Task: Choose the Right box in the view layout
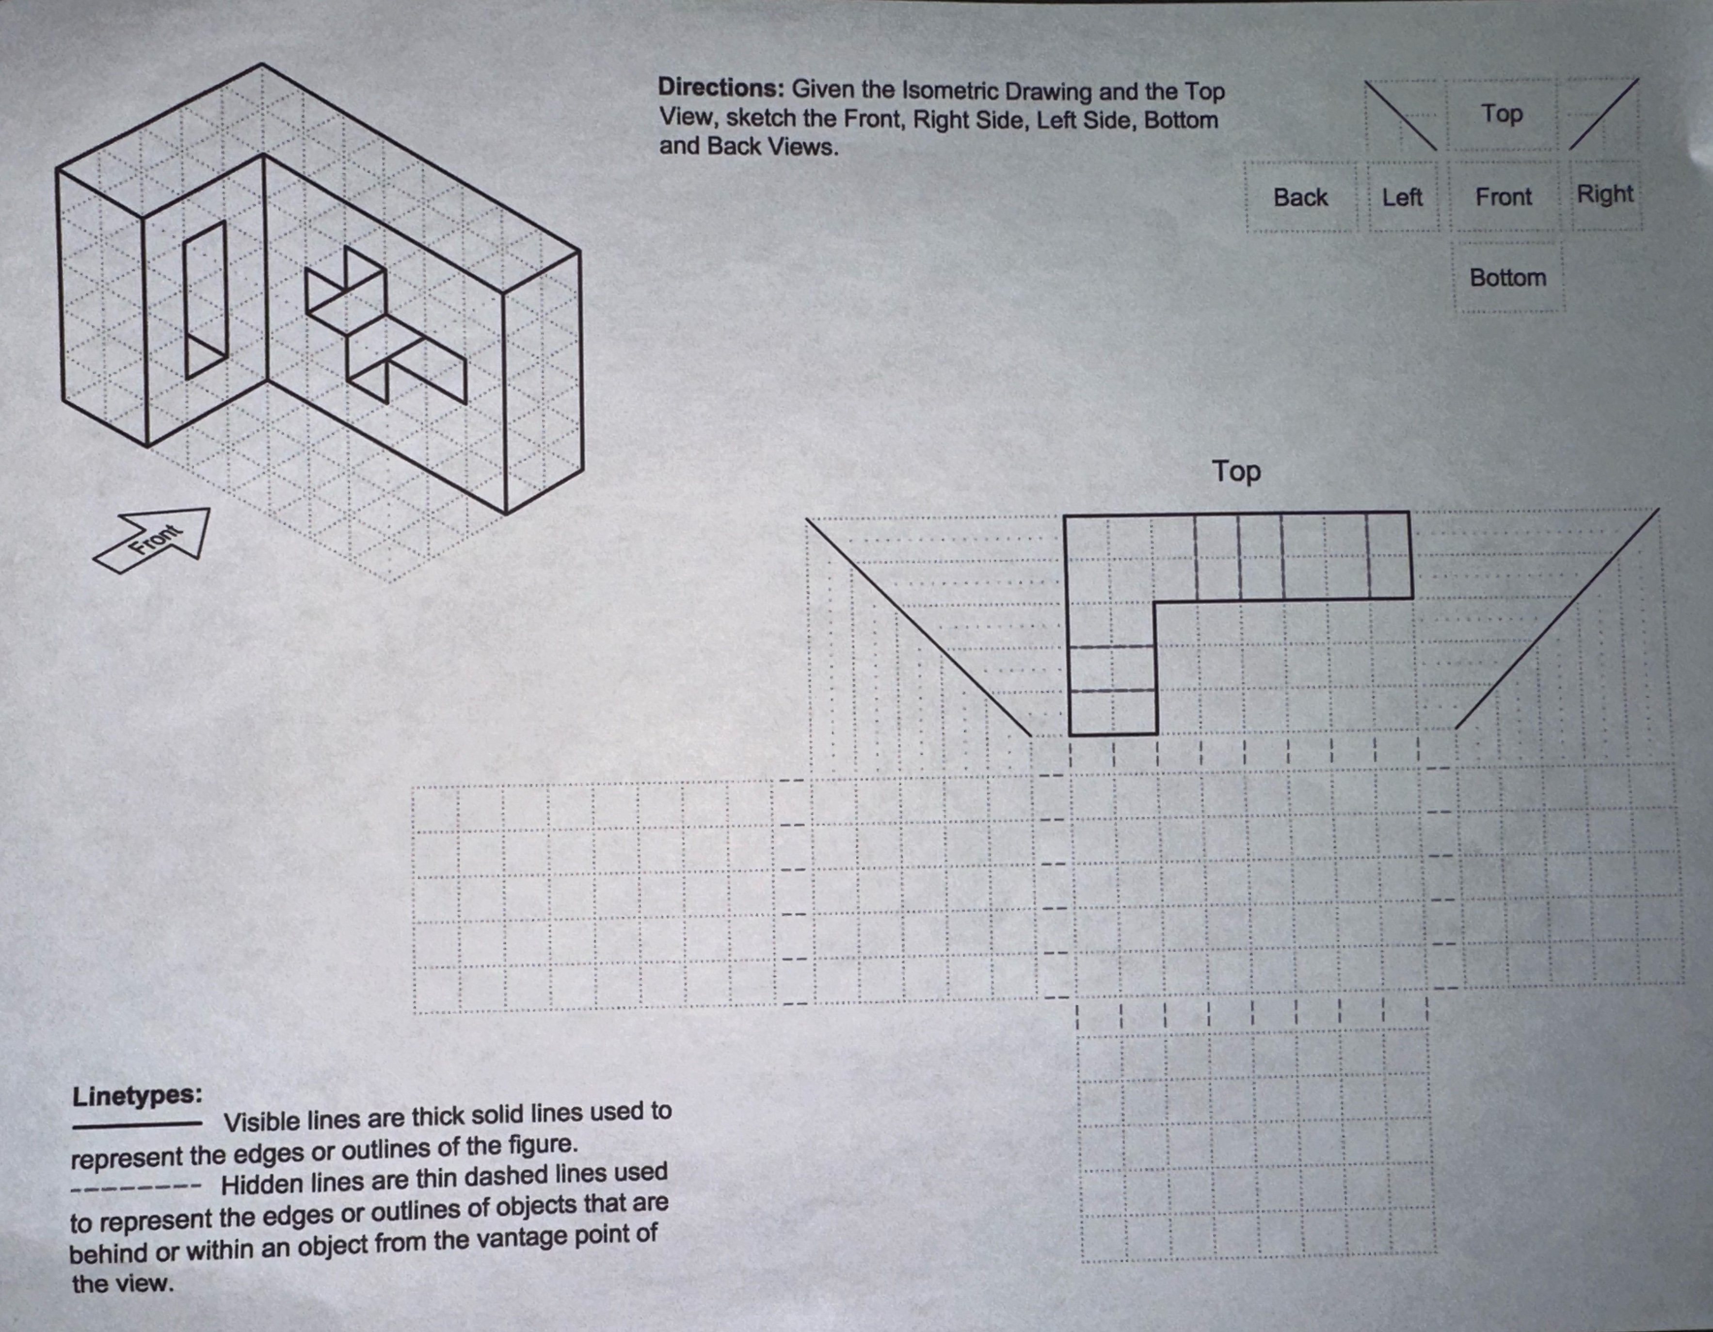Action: pyautogui.click(x=1605, y=194)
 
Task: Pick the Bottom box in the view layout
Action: pyautogui.click(x=1507, y=278)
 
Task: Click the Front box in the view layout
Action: pyautogui.click(x=1503, y=196)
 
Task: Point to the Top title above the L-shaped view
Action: pyautogui.click(x=1236, y=471)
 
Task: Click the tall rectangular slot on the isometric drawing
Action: pyautogui.click(x=206, y=300)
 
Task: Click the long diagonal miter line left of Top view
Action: pyautogui.click(x=918, y=627)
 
